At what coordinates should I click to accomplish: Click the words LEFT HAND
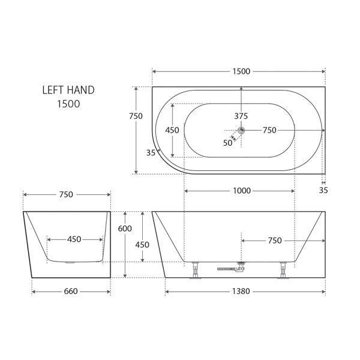coord(68,90)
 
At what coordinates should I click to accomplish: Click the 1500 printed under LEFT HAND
coord(68,103)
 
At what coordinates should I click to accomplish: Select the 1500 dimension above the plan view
coord(240,71)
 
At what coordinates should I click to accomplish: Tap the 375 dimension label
coord(241,116)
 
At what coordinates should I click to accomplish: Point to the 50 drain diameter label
coord(227,142)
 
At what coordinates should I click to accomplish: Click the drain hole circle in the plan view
coord(241,130)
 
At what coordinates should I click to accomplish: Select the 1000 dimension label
coord(242,191)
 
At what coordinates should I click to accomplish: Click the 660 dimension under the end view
coord(71,292)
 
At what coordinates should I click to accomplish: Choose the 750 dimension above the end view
coord(66,194)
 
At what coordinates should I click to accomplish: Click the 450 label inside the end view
coord(74,239)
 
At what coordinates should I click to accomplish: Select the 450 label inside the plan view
coord(172,130)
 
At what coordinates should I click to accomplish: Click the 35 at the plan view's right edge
coord(323,191)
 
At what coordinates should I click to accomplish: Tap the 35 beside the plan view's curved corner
coord(151,152)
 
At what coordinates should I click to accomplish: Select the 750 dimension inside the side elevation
coord(275,240)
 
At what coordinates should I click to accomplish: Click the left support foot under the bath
coord(195,271)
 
